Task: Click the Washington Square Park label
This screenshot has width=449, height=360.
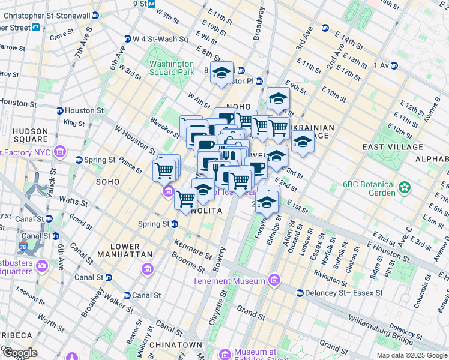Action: (172, 68)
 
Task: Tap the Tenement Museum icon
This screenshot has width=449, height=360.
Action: (274, 280)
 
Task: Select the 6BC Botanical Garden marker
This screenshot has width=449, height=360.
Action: (405, 188)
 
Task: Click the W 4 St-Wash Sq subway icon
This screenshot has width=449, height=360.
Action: (127, 39)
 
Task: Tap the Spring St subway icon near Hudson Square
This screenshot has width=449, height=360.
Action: (79, 160)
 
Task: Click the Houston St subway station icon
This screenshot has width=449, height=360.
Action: (59, 110)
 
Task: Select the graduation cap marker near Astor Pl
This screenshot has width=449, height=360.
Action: (221, 73)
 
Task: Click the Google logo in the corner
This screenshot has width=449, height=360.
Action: (19, 353)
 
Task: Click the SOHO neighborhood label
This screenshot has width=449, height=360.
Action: (108, 181)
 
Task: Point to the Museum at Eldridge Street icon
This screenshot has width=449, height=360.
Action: (225, 355)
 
